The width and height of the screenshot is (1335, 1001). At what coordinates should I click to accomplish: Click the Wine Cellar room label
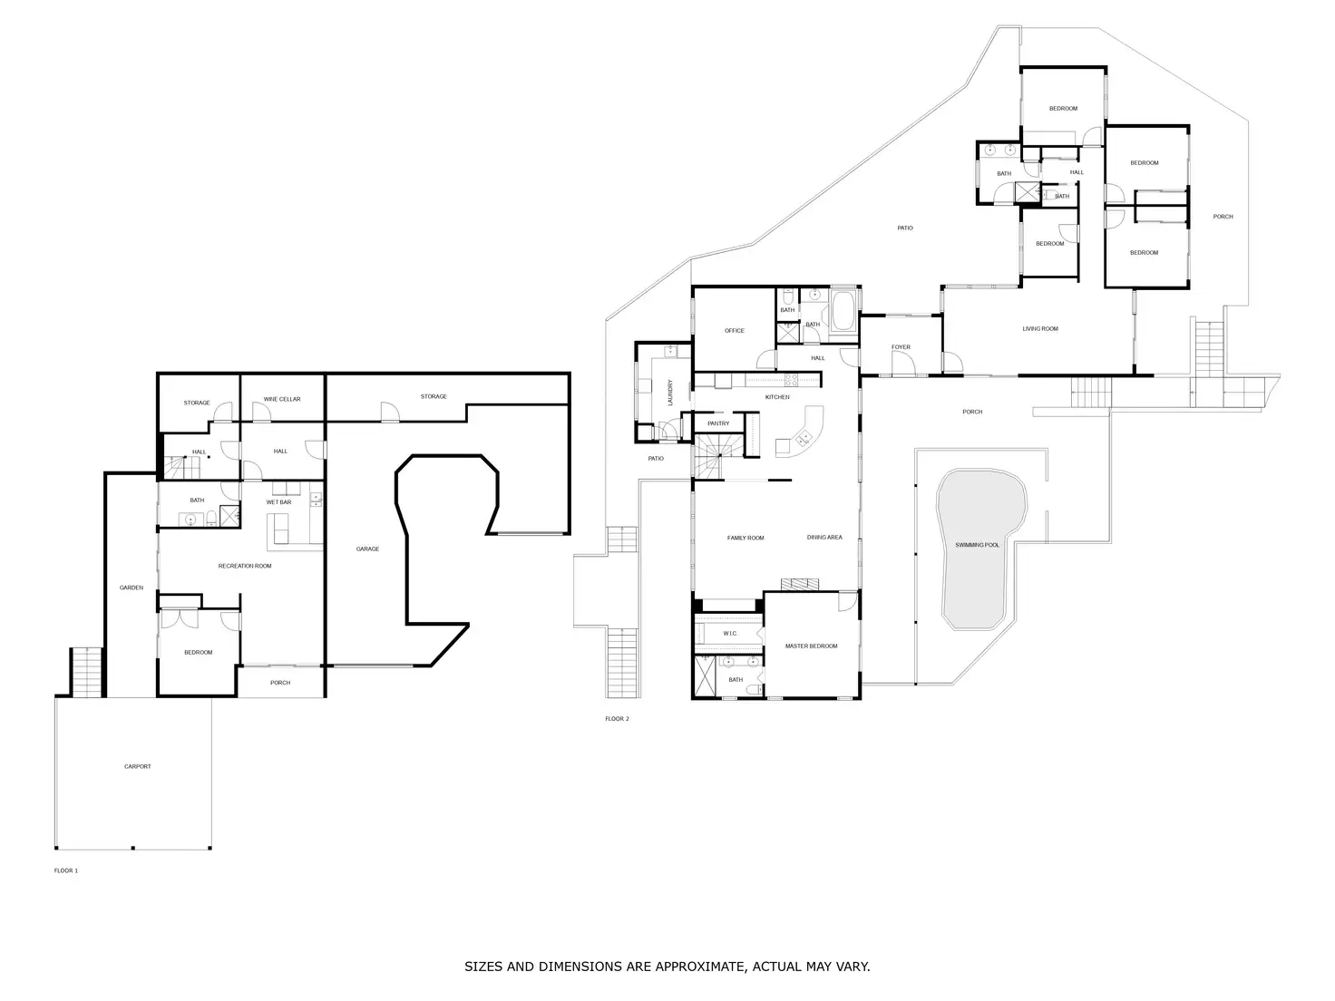point(281,399)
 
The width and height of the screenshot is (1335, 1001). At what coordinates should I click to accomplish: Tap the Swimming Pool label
point(977,545)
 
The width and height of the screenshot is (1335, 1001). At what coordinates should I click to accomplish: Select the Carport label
point(138,766)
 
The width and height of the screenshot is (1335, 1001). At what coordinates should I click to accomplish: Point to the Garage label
point(367,549)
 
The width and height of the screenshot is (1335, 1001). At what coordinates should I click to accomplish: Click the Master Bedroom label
point(811,646)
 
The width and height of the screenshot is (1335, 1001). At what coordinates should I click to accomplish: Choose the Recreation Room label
point(245,566)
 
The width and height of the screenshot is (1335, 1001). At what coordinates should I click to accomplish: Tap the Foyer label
point(901,347)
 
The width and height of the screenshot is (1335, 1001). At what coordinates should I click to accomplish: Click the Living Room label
point(1040,329)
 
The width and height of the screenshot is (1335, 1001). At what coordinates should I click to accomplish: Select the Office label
point(734,331)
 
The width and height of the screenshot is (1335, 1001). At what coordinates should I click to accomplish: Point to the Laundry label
point(670,393)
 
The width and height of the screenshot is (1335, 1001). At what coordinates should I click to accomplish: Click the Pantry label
point(718,423)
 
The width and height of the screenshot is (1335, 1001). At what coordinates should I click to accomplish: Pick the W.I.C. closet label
point(730,633)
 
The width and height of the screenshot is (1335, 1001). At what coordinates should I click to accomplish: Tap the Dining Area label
point(824,538)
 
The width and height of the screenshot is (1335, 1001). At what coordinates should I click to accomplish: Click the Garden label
point(132,588)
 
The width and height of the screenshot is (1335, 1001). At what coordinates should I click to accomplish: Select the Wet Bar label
point(278,502)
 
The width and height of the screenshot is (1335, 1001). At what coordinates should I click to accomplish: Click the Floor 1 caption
point(66,870)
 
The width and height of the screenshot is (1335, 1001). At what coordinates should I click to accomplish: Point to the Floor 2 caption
point(617,718)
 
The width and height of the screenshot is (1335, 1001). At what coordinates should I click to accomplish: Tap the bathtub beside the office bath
point(843,311)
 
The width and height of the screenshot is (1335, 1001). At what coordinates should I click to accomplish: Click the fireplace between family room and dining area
point(800,584)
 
